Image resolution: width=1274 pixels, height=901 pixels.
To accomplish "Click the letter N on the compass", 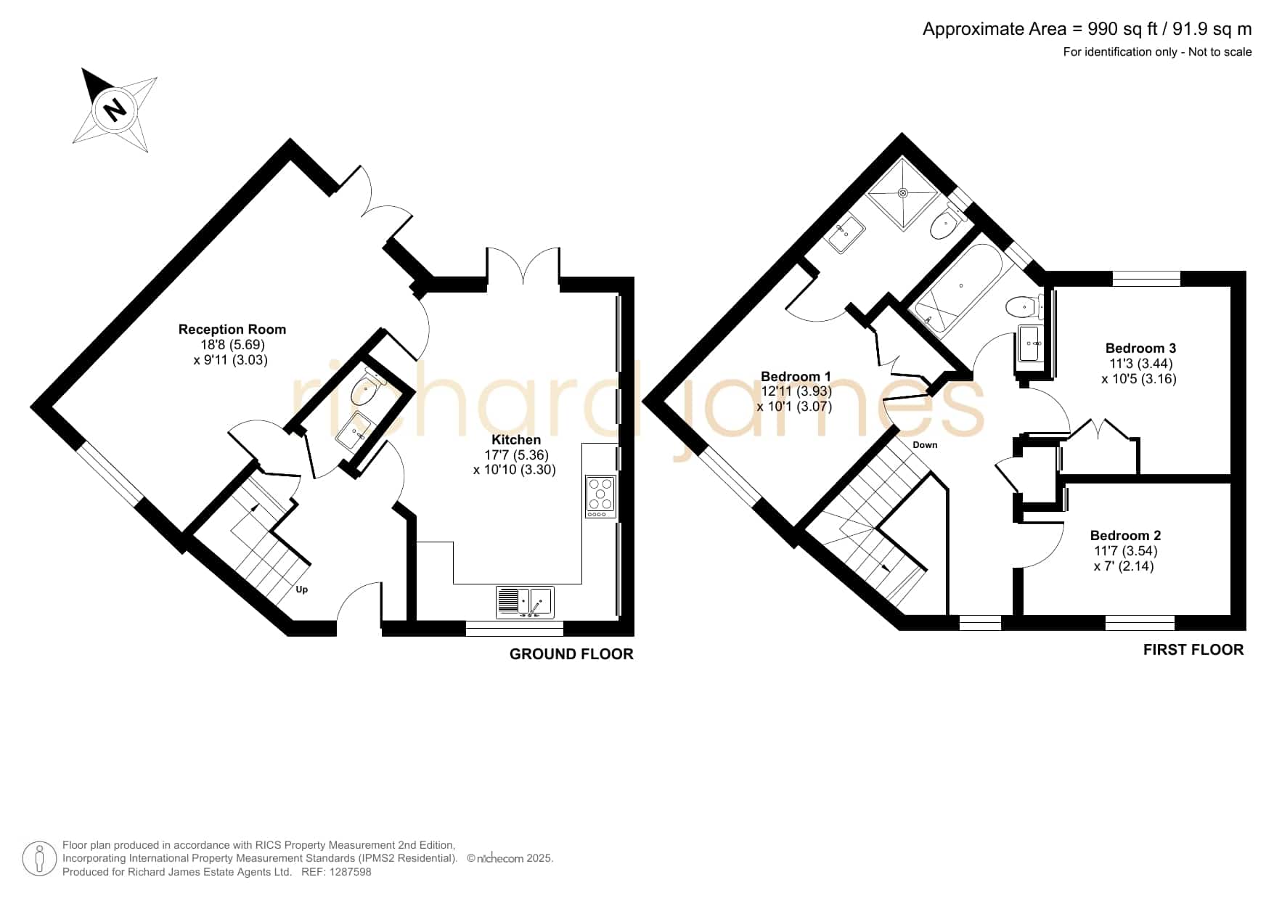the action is click(x=115, y=110).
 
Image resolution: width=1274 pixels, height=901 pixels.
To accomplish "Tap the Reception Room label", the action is click(x=232, y=330).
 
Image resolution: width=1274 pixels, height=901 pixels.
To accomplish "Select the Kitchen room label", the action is click(x=516, y=440).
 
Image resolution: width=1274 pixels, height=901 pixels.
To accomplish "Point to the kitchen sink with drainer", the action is click(x=525, y=602).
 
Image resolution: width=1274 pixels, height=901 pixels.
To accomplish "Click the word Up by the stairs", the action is click(x=302, y=590).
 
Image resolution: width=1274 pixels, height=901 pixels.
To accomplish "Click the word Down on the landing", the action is click(x=925, y=445).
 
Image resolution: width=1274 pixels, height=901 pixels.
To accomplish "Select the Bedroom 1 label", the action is click(x=796, y=376).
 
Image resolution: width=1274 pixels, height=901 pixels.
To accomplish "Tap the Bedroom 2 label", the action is click(x=1125, y=536).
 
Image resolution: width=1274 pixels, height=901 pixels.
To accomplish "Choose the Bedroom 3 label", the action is click(x=1140, y=348).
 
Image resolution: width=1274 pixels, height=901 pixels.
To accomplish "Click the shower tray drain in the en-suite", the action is click(x=903, y=193).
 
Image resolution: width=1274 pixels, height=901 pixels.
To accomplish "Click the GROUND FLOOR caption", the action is click(x=571, y=654).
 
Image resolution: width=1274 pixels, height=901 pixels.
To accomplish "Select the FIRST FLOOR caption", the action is click(x=1193, y=650).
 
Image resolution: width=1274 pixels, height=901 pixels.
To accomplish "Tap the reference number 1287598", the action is click(x=351, y=872).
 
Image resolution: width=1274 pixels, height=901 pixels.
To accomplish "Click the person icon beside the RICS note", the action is click(x=39, y=859).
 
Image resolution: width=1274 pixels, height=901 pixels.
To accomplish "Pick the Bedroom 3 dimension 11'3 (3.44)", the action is click(x=1140, y=364).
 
